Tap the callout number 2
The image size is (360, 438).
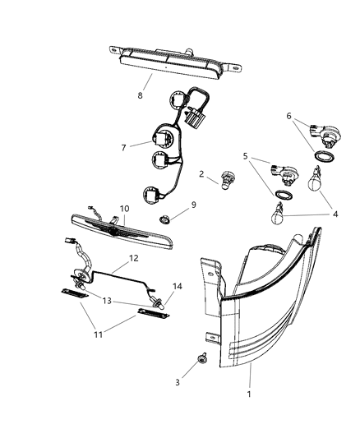[201, 173]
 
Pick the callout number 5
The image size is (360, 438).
[246, 156]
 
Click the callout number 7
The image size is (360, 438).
[124, 147]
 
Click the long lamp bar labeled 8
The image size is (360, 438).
[173, 59]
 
